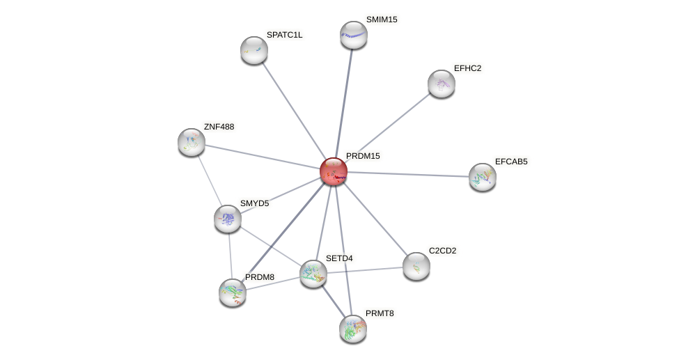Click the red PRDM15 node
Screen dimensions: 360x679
pyautogui.click(x=334, y=171)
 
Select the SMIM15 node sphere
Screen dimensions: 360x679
pyautogui.click(x=354, y=35)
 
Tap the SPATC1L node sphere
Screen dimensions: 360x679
pyautogui.click(x=254, y=50)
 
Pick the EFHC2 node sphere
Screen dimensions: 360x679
pyautogui.click(x=442, y=84)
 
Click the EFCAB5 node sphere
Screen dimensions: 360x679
pyautogui.click(x=483, y=177)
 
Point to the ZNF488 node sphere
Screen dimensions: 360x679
pyautogui.click(x=192, y=142)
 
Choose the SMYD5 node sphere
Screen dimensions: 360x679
pyautogui.click(x=228, y=219)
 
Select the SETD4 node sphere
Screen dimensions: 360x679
pyautogui.click(x=313, y=274)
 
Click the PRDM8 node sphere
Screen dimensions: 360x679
pyautogui.click(x=233, y=292)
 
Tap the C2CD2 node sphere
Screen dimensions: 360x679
pyautogui.click(x=416, y=266)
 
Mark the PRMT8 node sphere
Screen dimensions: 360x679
pyautogui.click(x=353, y=329)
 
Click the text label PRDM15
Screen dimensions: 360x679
pyautogui.click(x=363, y=156)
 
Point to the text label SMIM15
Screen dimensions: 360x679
pyautogui.click(x=382, y=19)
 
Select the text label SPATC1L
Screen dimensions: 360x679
pyautogui.click(x=284, y=35)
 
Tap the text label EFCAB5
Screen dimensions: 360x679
pyautogui.click(x=511, y=162)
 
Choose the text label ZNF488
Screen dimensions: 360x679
pyautogui.click(x=219, y=127)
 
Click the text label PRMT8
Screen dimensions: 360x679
pyautogui.click(x=380, y=313)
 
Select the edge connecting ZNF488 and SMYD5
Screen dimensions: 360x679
pyautogui.click(x=210, y=180)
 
